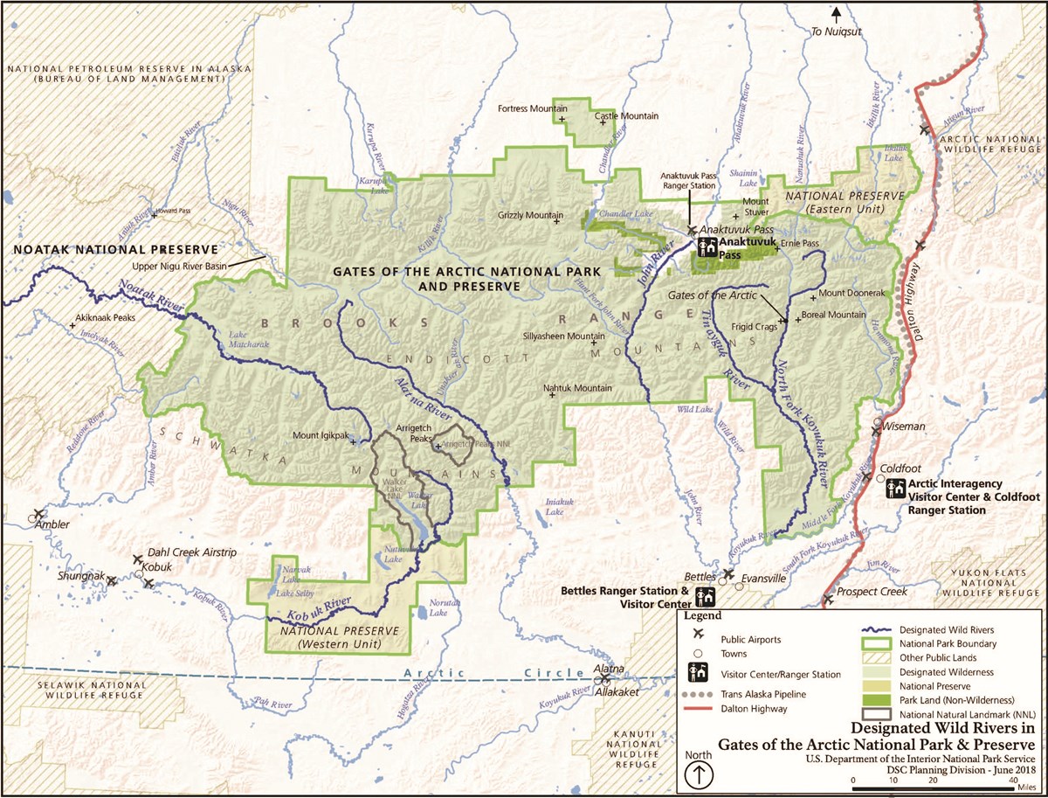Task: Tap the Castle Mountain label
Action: point(626,115)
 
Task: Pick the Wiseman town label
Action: point(904,427)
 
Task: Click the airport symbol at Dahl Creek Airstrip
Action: point(137,559)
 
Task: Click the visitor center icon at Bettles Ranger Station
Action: point(705,596)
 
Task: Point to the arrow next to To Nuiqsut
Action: point(836,13)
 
